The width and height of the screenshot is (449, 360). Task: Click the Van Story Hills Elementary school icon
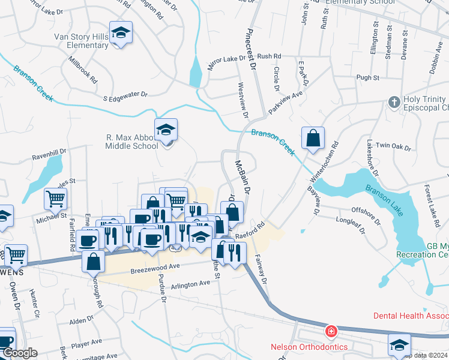[x=121, y=33]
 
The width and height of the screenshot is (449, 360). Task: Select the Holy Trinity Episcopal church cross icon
[x=394, y=101]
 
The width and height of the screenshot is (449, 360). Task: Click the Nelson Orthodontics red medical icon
[x=330, y=331]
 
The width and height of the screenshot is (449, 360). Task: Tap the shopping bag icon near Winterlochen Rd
[x=313, y=139]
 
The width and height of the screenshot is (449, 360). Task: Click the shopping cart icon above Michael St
[x=55, y=197]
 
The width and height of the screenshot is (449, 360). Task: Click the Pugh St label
[x=368, y=78]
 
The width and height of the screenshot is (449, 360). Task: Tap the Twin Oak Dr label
[x=394, y=146]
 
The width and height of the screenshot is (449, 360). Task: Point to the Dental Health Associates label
[x=411, y=316]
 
